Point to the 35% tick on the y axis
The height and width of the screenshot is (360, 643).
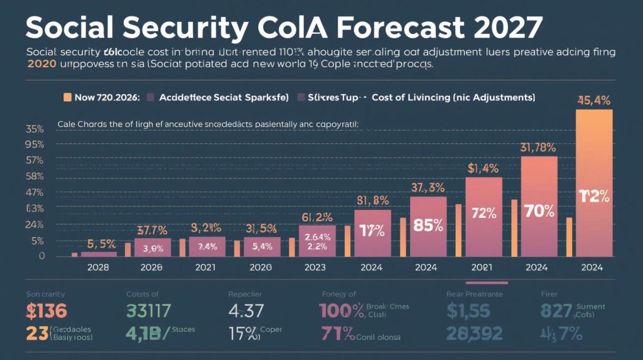[34, 129]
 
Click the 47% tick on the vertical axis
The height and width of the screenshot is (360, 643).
[34, 192]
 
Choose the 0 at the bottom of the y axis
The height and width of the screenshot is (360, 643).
[41, 256]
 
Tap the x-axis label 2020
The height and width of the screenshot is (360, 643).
[262, 267]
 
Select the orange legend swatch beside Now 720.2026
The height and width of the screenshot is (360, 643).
[67, 97]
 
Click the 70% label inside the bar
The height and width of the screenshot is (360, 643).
[538, 211]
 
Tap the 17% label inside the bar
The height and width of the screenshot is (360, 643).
[372, 231]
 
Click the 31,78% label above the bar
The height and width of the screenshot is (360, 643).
[538, 148]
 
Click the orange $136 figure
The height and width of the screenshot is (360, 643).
[47, 311]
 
